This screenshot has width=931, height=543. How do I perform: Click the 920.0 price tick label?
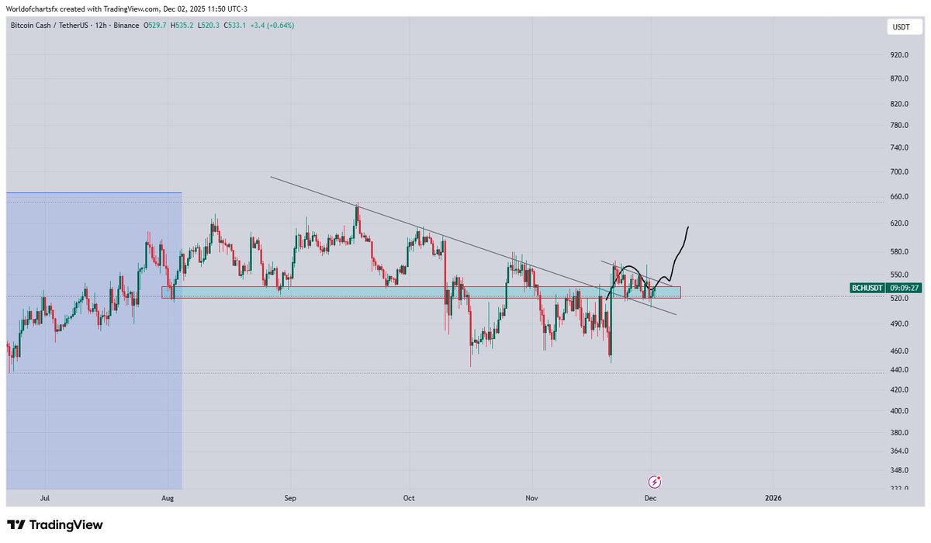(899, 55)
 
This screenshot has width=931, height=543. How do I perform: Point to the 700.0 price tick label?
(899, 171)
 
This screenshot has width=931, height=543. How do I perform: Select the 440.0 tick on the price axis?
(899, 370)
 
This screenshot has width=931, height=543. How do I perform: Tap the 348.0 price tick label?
(899, 470)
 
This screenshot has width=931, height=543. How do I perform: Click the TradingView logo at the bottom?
(54, 525)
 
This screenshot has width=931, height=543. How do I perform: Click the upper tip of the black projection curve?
(687, 227)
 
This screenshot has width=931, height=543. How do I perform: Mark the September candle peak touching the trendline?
(357, 205)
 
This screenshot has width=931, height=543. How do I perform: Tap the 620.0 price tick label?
(899, 223)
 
